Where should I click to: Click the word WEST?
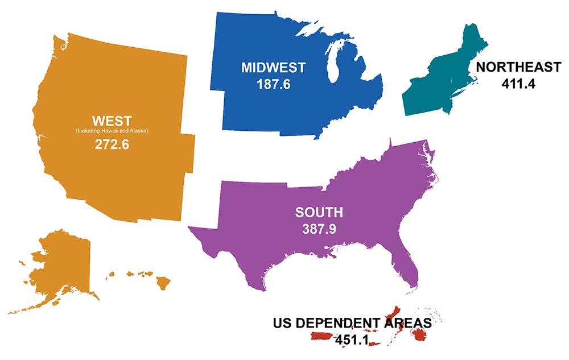point(112,121)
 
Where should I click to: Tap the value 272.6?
point(112,144)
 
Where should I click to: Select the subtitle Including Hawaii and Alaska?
point(112,131)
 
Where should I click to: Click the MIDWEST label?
point(273,67)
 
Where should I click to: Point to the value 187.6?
point(273,84)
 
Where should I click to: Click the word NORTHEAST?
point(518,67)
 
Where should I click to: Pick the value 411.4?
point(518,84)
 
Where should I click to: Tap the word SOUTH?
point(319,213)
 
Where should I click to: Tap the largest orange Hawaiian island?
point(164,282)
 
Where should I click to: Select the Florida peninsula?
point(409,267)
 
